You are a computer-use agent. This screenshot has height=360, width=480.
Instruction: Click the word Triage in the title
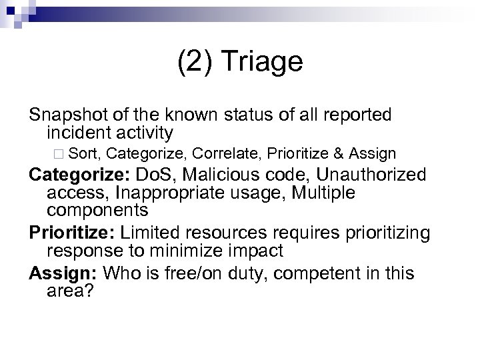point(265,62)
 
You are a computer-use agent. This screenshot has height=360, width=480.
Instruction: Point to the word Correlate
point(227,154)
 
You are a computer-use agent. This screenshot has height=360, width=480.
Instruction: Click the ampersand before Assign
point(339,154)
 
